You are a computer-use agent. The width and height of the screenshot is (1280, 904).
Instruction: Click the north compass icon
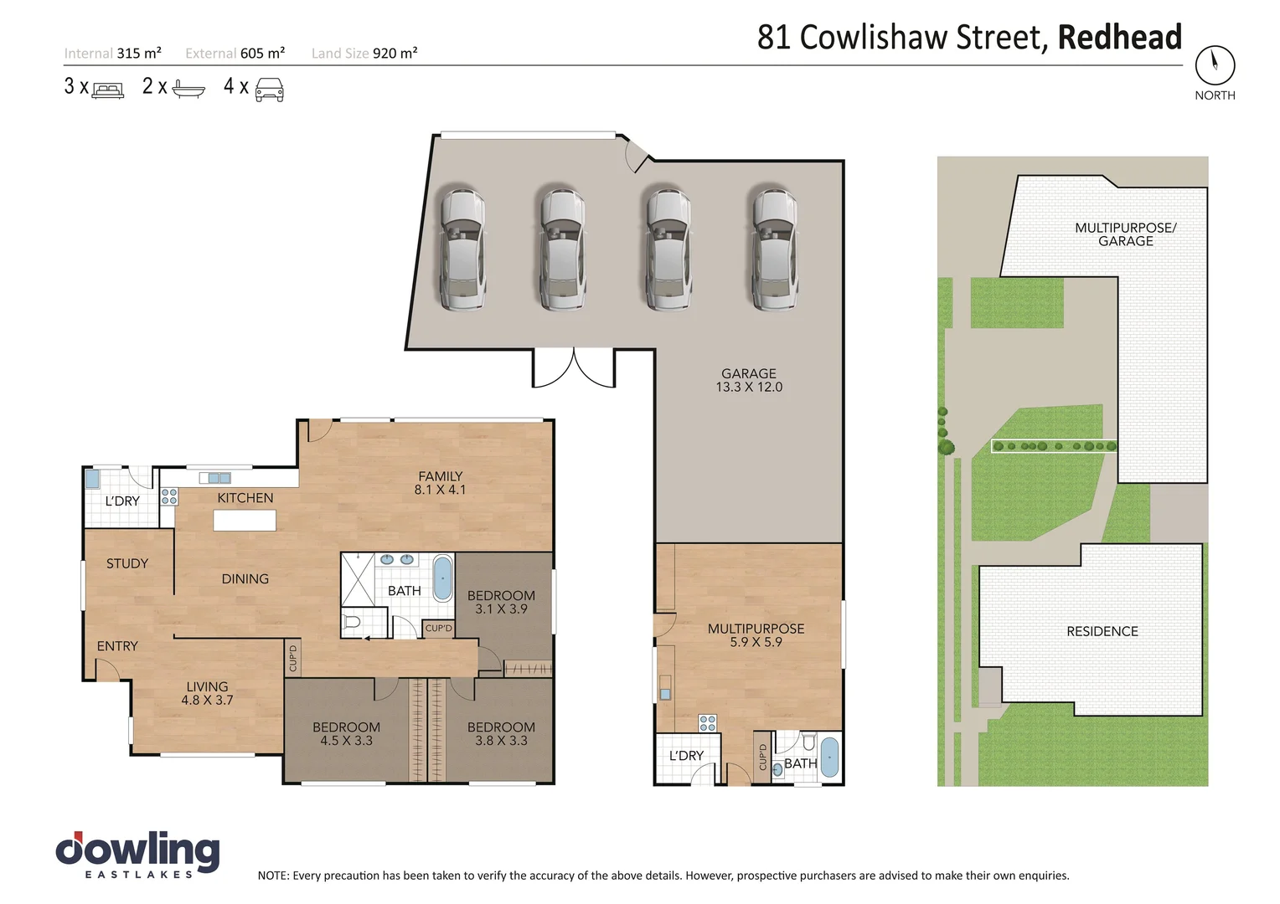tap(1215, 64)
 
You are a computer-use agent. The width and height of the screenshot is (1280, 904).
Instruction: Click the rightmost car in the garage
tap(774, 249)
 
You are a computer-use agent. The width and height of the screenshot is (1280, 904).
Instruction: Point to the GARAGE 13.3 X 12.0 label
tap(749, 380)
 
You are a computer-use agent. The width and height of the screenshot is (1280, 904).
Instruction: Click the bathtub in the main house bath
tap(441, 578)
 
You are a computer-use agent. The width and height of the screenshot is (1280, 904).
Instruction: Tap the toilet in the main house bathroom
tap(352, 623)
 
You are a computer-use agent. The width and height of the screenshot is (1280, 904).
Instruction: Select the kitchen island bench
tap(245, 521)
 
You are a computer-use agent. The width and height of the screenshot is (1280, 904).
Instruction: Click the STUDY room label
tap(127, 563)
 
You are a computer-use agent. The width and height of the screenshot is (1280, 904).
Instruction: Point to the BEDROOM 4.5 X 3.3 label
tap(346, 734)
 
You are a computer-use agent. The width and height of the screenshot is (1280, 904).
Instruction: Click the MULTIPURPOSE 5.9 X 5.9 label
tap(756, 635)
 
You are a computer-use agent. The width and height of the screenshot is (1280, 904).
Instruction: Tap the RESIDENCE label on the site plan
tap(1102, 631)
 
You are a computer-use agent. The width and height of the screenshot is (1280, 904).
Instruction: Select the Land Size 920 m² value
tap(395, 54)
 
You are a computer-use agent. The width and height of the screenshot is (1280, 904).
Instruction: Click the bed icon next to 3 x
tap(107, 89)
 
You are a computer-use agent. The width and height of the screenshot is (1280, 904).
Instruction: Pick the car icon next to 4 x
tap(269, 89)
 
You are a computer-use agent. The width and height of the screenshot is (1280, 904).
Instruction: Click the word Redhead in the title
tap(1119, 38)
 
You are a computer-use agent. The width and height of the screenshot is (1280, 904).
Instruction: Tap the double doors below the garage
tap(574, 368)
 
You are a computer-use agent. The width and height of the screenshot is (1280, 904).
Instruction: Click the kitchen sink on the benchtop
tap(214, 478)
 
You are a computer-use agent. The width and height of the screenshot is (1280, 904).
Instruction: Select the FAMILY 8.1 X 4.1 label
tap(440, 483)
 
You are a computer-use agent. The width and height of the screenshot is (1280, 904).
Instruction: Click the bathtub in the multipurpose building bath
tap(828, 758)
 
